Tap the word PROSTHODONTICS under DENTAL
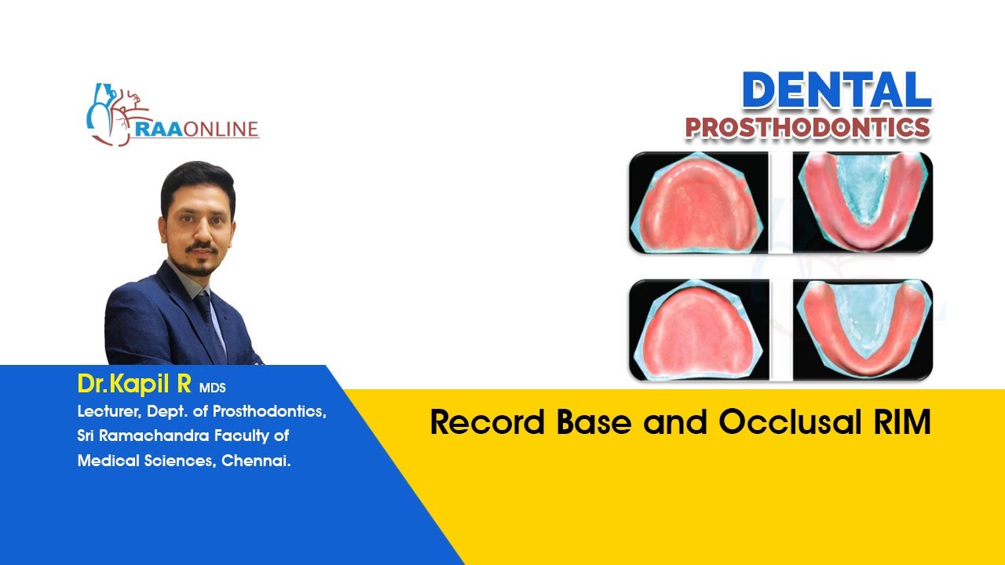808,128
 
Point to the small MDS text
212,388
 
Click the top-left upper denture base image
698,202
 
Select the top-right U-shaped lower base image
862,202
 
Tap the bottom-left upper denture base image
698,330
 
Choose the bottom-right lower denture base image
862,330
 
